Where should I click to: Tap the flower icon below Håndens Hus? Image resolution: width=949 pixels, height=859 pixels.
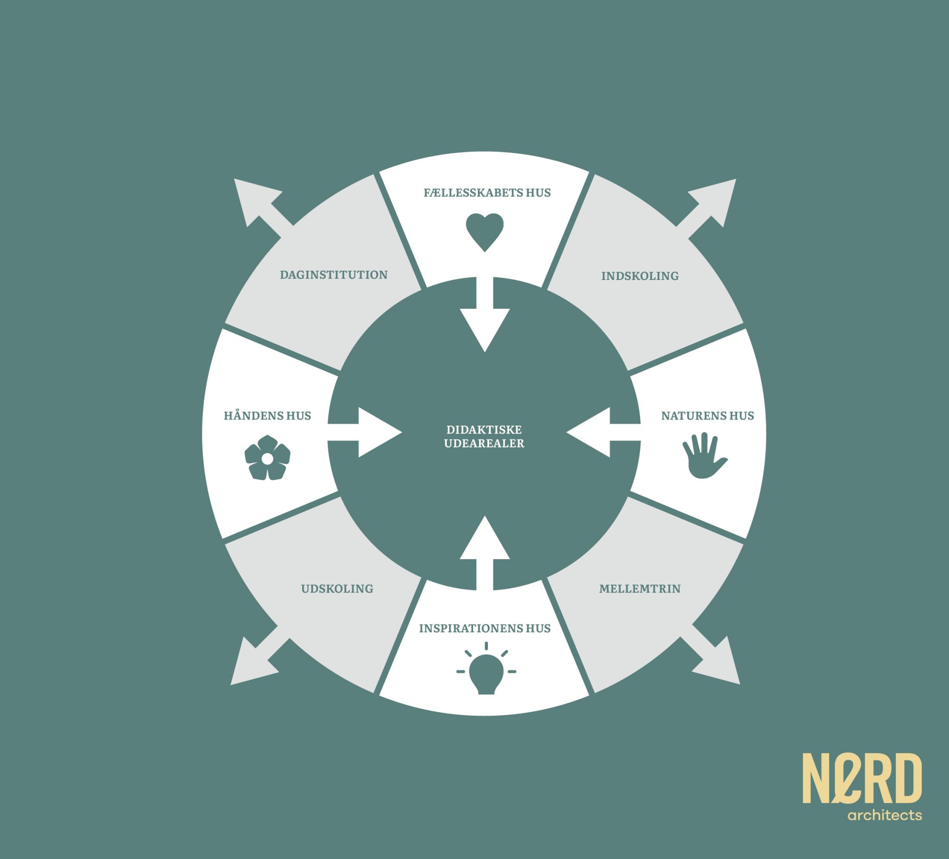tap(267, 458)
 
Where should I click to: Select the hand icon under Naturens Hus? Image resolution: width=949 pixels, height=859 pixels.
tap(704, 455)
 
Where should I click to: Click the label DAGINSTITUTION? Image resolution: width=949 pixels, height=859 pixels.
tap(334, 275)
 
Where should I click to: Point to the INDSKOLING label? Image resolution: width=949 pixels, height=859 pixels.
tap(640, 276)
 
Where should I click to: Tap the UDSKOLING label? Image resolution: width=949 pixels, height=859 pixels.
tap(337, 589)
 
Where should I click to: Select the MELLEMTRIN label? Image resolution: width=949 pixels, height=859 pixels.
tap(640, 589)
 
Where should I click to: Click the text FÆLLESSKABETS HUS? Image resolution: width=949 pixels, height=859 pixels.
tap(487, 193)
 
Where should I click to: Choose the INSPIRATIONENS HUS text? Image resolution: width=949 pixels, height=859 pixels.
tap(484, 628)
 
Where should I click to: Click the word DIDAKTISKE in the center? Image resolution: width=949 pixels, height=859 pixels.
tap(484, 429)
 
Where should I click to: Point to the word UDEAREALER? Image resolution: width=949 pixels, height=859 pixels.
tap(484, 443)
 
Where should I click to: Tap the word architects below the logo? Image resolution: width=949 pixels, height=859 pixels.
tap(885, 815)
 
